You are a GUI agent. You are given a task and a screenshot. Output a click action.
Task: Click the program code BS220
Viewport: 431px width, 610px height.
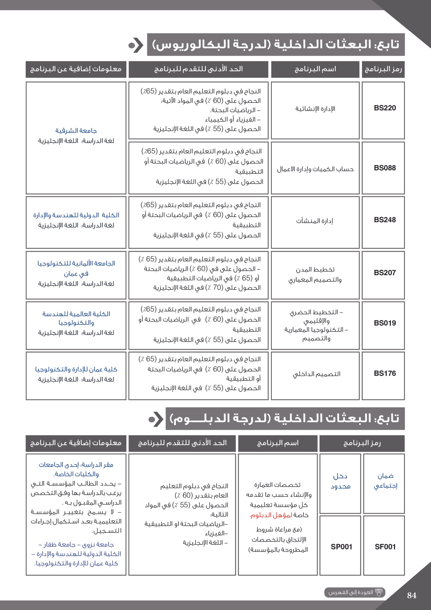tap(385, 108)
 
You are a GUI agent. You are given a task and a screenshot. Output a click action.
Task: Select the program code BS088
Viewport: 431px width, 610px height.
tap(385, 168)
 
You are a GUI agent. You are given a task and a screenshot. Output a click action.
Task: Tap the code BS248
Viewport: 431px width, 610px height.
tap(385, 220)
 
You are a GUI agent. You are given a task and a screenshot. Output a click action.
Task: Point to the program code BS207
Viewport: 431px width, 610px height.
tap(385, 273)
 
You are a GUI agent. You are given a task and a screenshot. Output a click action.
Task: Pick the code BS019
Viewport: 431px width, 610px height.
tap(385, 323)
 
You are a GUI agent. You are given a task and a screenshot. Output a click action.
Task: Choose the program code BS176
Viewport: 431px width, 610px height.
tap(385, 373)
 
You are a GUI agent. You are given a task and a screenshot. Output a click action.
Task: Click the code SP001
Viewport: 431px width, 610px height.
tap(341, 547)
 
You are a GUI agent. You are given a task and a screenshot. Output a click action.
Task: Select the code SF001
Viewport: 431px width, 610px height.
tap(385, 547)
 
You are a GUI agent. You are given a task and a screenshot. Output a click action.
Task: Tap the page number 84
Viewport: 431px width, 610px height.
tap(412, 595)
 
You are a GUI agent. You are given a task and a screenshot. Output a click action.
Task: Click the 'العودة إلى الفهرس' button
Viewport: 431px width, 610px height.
tap(354, 592)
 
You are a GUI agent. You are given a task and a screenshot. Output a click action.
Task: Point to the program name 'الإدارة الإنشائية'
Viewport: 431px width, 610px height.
tap(315, 109)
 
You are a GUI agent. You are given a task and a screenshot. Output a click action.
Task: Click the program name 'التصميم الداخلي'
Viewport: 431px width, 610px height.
tap(317, 374)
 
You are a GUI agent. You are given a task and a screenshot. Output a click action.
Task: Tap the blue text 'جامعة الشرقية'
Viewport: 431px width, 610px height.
tap(76, 131)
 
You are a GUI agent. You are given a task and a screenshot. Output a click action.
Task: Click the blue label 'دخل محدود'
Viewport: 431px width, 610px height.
tap(340, 481)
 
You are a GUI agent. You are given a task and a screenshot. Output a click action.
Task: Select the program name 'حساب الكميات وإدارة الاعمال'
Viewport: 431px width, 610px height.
tap(315, 169)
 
